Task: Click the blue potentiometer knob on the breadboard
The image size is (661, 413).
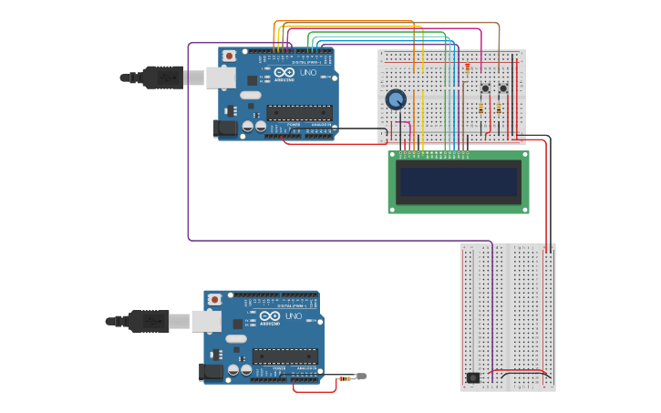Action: coord(396,99)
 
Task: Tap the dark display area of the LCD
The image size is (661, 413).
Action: coord(459,181)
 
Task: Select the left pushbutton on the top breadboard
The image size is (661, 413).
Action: coord(485,88)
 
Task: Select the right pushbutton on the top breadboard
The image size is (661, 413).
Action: coord(502,88)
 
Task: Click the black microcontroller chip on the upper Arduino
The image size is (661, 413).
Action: coord(299,113)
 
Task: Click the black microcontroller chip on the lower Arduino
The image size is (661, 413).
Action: coord(284,356)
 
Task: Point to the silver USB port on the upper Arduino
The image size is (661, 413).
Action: coord(221,77)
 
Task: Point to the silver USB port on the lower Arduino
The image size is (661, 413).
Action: coord(206,321)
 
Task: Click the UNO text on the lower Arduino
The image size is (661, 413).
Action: coord(293,315)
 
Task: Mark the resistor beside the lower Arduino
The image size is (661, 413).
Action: coord(345,377)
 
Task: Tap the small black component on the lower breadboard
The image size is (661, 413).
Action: coord(472,377)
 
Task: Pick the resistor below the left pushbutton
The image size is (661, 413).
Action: coord(481,108)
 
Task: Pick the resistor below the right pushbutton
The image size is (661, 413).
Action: coord(499,108)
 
